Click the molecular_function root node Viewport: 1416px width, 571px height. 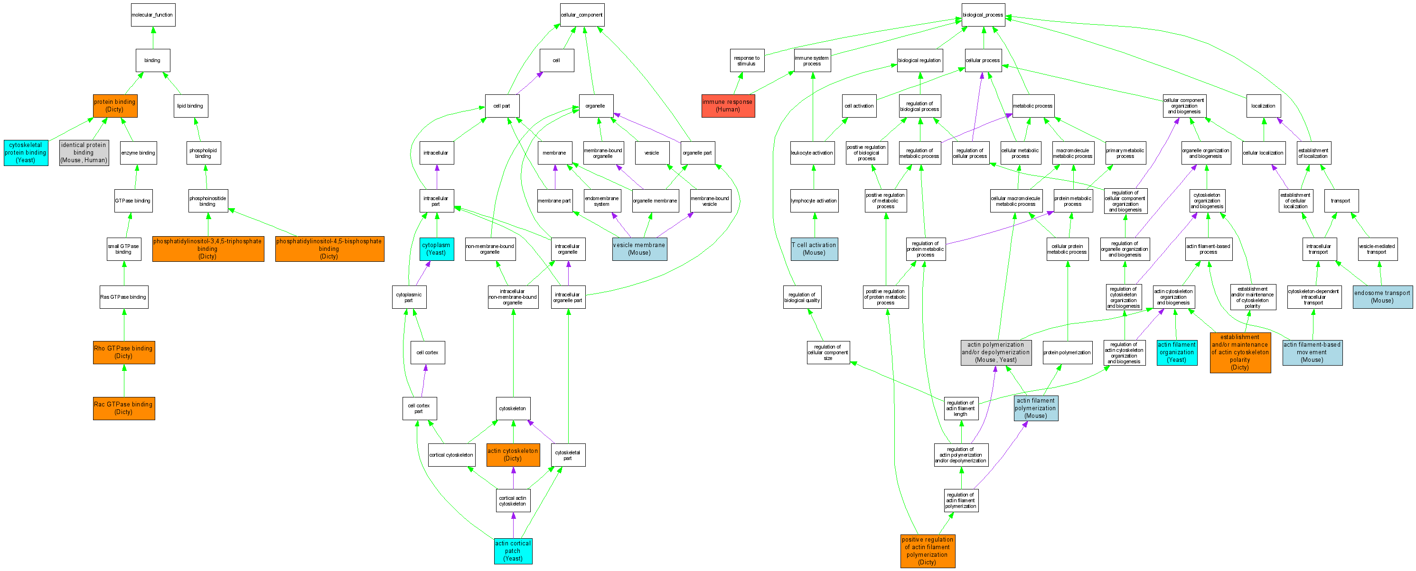153,15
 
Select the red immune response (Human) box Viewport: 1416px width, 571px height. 728,106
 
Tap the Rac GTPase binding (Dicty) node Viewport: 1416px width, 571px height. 124,408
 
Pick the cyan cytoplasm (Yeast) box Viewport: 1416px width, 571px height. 436,249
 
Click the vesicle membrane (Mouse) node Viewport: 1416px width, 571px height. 639,249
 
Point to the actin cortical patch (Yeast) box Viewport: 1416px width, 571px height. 513,551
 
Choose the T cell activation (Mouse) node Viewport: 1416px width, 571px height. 814,249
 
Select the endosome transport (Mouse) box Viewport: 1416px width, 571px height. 1382,296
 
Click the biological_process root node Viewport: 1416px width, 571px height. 983,15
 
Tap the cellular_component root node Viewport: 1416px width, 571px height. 581,15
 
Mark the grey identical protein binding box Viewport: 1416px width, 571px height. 84,153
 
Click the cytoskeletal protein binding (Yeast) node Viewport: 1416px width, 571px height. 25,153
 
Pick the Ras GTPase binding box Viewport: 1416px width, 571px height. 124,297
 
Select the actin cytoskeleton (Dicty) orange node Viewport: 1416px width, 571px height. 513,455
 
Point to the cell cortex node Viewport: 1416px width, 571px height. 427,352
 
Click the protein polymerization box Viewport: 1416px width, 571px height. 1067,352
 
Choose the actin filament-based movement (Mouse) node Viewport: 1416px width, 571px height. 1312,352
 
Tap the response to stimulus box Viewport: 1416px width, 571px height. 747,60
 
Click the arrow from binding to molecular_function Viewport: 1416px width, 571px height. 153,38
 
